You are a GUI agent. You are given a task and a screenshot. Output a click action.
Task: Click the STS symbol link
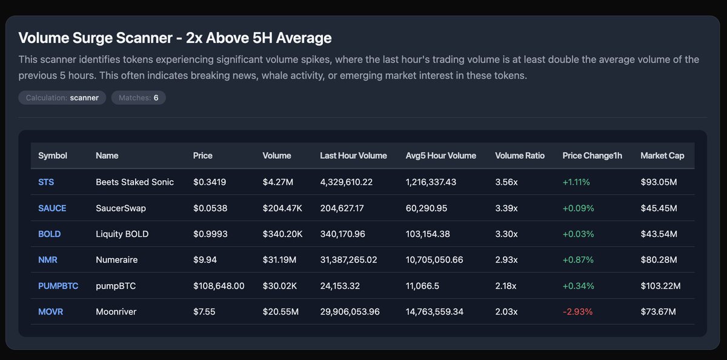[46, 182]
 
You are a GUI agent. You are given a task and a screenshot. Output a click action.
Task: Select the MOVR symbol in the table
[50, 312]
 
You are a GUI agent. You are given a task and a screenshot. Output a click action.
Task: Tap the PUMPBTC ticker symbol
[58, 285]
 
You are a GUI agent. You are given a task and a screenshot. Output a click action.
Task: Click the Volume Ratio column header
[519, 156]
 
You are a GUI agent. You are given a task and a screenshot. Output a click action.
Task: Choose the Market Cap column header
[662, 156]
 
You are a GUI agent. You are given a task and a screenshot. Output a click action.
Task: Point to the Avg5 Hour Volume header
[440, 156]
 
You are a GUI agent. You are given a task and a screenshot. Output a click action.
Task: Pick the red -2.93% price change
[577, 312]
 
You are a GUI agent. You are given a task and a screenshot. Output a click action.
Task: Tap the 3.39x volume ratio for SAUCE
[506, 208]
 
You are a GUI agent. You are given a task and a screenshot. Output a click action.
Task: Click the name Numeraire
[116, 259]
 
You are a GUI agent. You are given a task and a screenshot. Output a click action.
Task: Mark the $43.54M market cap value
[659, 234]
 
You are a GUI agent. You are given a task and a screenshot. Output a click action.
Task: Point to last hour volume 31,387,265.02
[348, 259]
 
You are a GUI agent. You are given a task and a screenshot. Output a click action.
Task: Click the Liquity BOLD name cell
[122, 234]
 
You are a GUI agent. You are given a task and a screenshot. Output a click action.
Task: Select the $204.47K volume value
[282, 208]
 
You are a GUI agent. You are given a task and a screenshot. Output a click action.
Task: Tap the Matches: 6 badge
[138, 98]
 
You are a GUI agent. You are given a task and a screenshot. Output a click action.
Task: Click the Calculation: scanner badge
[62, 98]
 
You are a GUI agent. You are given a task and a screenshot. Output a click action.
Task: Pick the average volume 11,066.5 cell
[423, 285]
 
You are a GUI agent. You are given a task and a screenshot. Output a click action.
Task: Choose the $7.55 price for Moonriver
[204, 312]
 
